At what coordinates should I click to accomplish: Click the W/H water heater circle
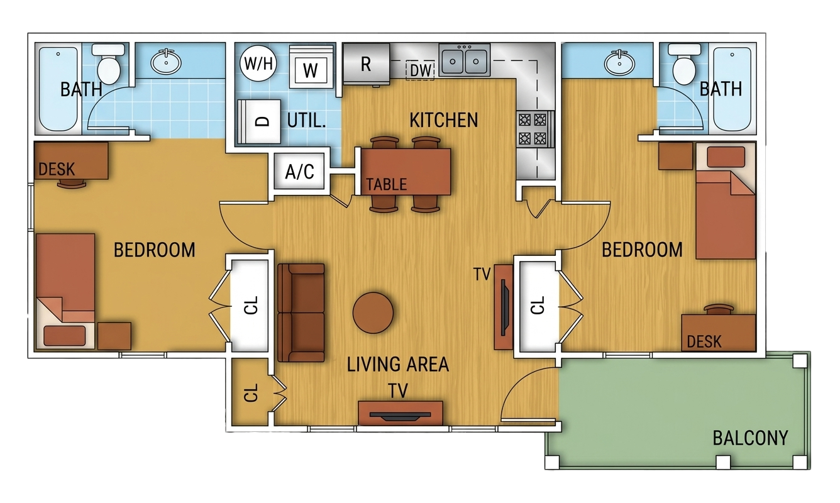click(255, 65)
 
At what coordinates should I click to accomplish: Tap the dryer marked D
click(259, 121)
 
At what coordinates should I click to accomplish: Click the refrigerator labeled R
click(366, 64)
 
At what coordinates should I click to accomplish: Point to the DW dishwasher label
click(421, 70)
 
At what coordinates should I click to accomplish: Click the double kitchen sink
click(465, 60)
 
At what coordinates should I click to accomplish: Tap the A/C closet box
click(300, 171)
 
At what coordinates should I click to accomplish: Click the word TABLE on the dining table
click(387, 184)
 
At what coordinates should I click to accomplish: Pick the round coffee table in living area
click(373, 312)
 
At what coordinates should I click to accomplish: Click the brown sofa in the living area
click(301, 312)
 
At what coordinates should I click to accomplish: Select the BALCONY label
click(750, 438)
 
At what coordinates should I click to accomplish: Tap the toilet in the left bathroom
click(111, 63)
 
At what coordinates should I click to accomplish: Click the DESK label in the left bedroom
click(57, 169)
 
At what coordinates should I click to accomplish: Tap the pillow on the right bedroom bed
click(726, 157)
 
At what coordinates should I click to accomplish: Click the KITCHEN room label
click(443, 119)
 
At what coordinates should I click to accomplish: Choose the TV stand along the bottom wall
click(400, 413)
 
